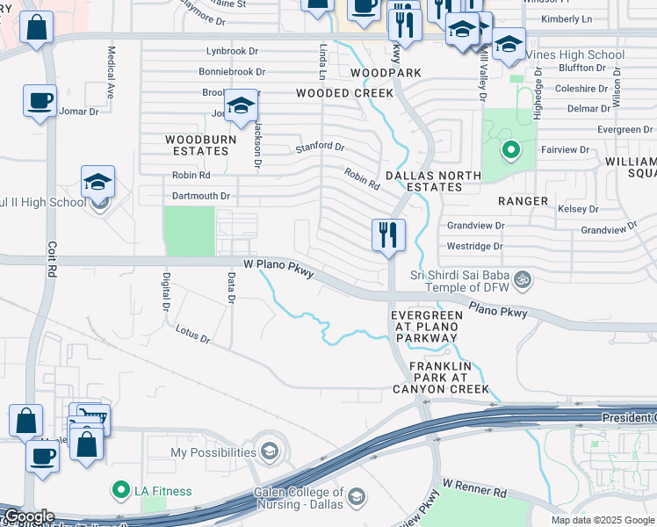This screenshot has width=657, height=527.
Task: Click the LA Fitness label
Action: (162, 490)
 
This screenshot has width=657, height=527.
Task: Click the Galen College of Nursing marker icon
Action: (357, 498)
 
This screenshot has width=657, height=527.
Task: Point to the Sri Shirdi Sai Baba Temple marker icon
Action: (523, 279)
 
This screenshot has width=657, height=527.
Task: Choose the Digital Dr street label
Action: (165, 292)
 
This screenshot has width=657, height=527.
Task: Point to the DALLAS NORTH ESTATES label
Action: (435, 181)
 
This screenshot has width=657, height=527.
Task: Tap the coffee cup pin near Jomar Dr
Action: (40, 100)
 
